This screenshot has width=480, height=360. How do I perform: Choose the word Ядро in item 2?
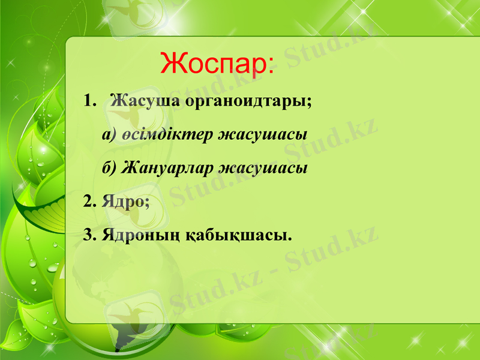click(122, 200)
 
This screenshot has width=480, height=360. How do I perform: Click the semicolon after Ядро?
click(146, 203)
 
